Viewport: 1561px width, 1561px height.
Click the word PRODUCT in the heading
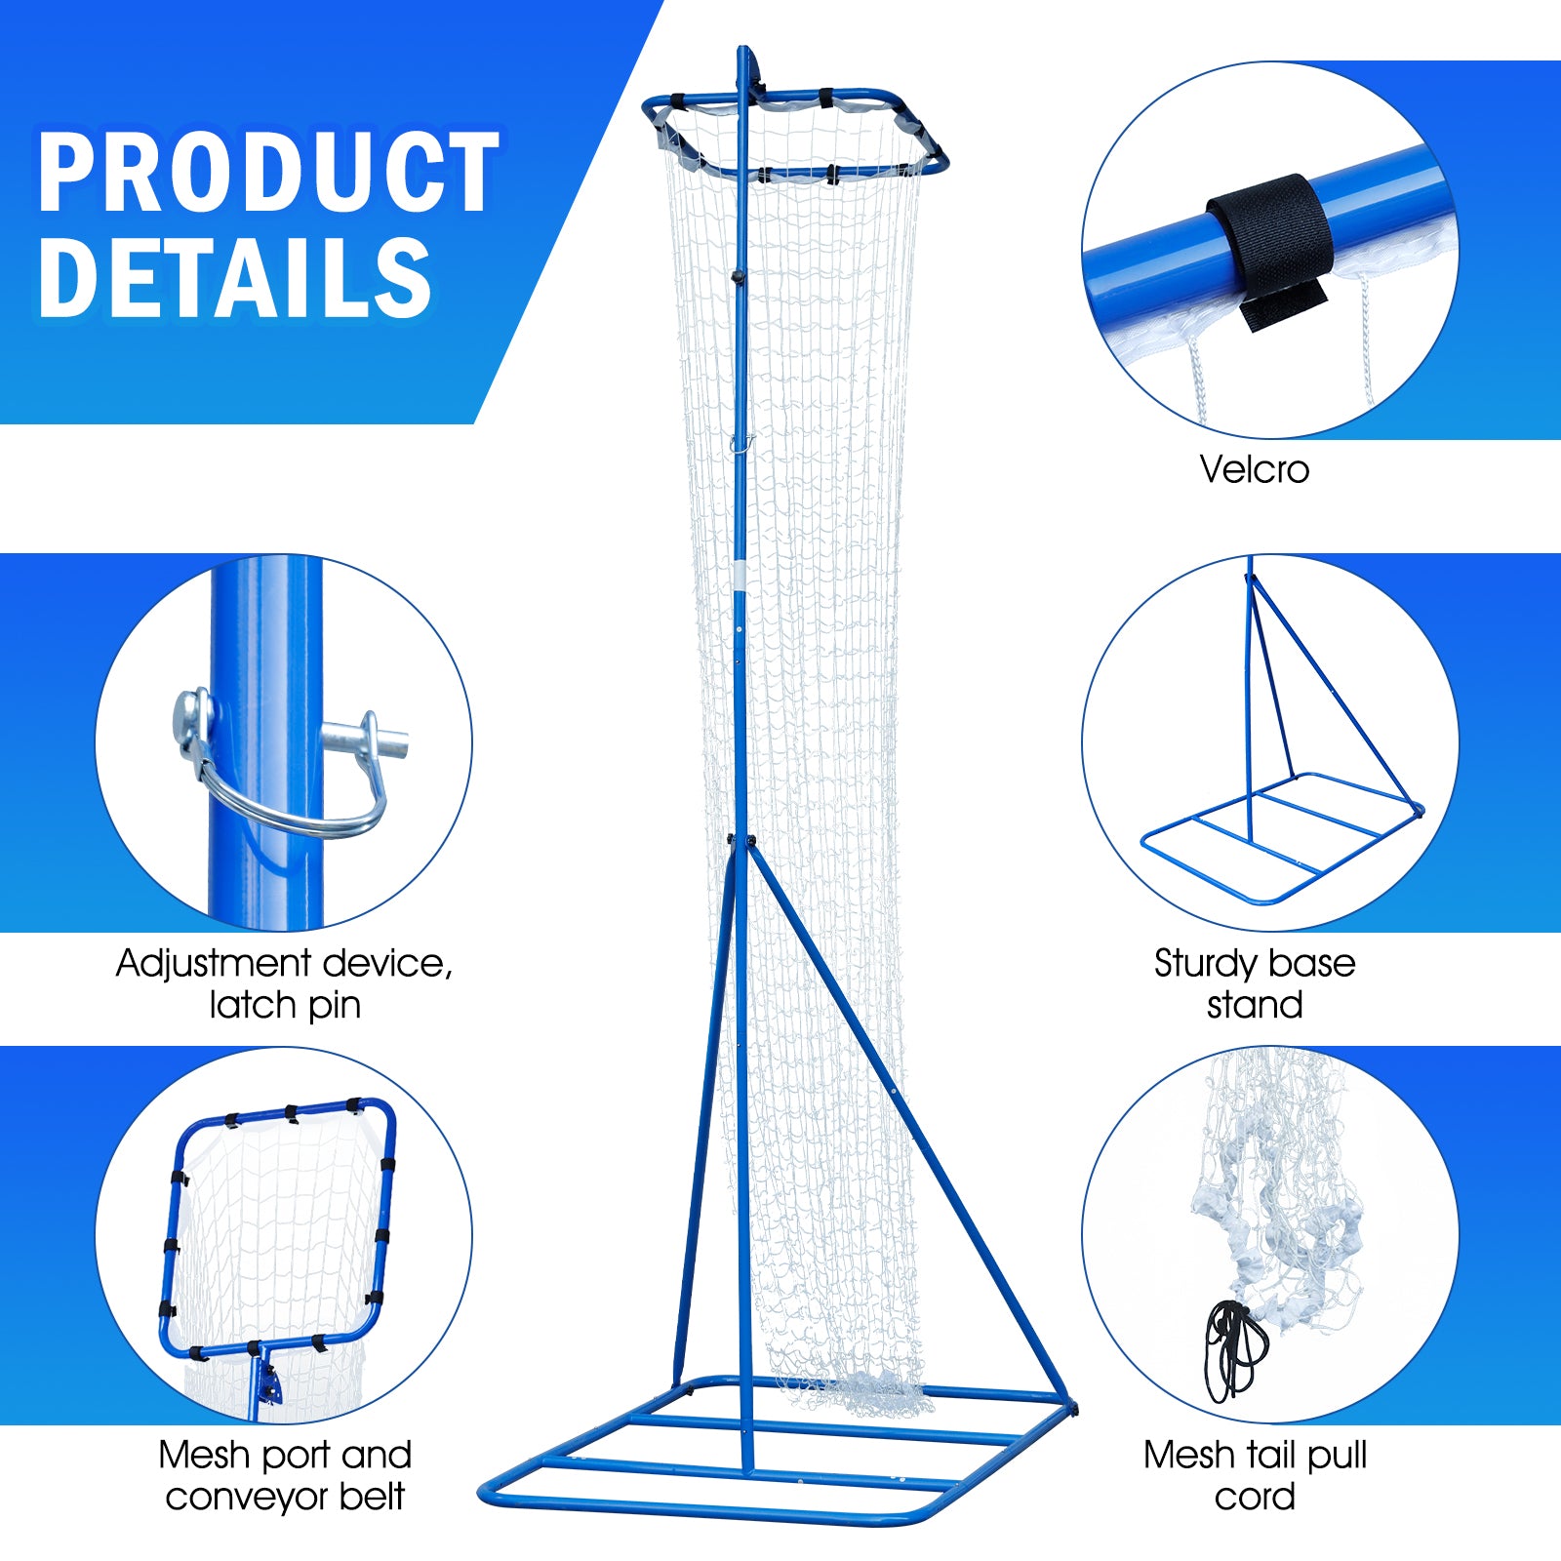pyautogui.click(x=268, y=173)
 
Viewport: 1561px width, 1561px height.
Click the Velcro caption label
pyautogui.click(x=1254, y=469)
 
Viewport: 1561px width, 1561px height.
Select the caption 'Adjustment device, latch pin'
pyautogui.click(x=284, y=983)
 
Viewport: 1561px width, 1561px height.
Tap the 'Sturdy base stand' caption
pyautogui.click(x=1255, y=983)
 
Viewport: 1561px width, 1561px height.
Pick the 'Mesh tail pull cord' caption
pyautogui.click(x=1255, y=1475)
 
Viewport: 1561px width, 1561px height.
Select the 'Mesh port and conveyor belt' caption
pyautogui.click(x=284, y=1475)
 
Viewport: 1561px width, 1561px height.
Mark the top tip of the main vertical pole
pyautogui.click(x=742, y=51)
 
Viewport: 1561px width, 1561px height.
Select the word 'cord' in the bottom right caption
pyautogui.click(x=1255, y=1497)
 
